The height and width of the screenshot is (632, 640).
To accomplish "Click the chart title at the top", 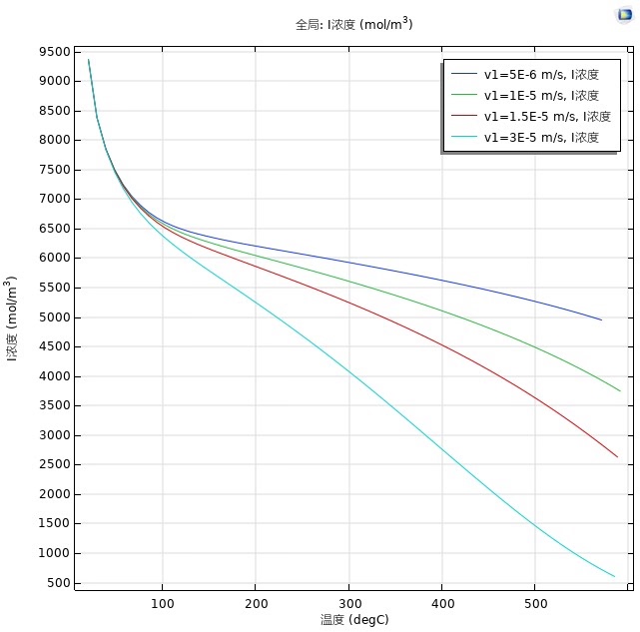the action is pyautogui.click(x=353, y=24).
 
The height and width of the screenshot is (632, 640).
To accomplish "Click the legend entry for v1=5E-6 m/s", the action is pyautogui.click(x=525, y=74).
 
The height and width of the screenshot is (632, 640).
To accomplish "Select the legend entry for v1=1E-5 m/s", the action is pyautogui.click(x=525, y=95).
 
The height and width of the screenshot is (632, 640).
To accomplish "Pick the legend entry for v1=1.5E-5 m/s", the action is pyautogui.click(x=531, y=117).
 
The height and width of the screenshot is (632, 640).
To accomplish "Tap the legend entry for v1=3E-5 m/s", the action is pyautogui.click(x=525, y=137).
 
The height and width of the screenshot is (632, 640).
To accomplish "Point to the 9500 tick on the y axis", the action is pyautogui.click(x=55, y=52).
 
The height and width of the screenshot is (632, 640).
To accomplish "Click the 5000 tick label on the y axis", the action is pyautogui.click(x=55, y=317).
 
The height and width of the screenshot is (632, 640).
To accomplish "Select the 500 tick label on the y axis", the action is pyautogui.click(x=59, y=583).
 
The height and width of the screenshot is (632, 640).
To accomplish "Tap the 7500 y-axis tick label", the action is pyautogui.click(x=55, y=170).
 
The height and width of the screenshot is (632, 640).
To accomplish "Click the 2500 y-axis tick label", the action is pyautogui.click(x=55, y=464).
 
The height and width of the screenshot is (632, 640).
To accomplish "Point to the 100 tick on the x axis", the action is pyautogui.click(x=163, y=603).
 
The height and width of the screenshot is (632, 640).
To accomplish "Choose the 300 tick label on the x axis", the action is pyautogui.click(x=349, y=603).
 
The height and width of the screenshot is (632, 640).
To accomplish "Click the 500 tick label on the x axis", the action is pyautogui.click(x=535, y=603).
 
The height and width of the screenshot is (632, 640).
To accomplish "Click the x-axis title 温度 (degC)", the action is pyautogui.click(x=354, y=620).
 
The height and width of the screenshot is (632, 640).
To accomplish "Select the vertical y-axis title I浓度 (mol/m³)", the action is pyautogui.click(x=10, y=318).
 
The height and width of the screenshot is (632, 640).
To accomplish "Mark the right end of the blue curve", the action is pyautogui.click(x=601, y=319).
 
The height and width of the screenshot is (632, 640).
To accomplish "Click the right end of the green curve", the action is pyautogui.click(x=620, y=390).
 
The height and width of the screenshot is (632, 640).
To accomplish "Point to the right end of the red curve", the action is pyautogui.click(x=617, y=457).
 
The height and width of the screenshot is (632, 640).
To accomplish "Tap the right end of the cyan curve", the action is pyautogui.click(x=614, y=576).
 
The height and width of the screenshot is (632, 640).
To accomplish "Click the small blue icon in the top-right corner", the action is pyautogui.click(x=625, y=15).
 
